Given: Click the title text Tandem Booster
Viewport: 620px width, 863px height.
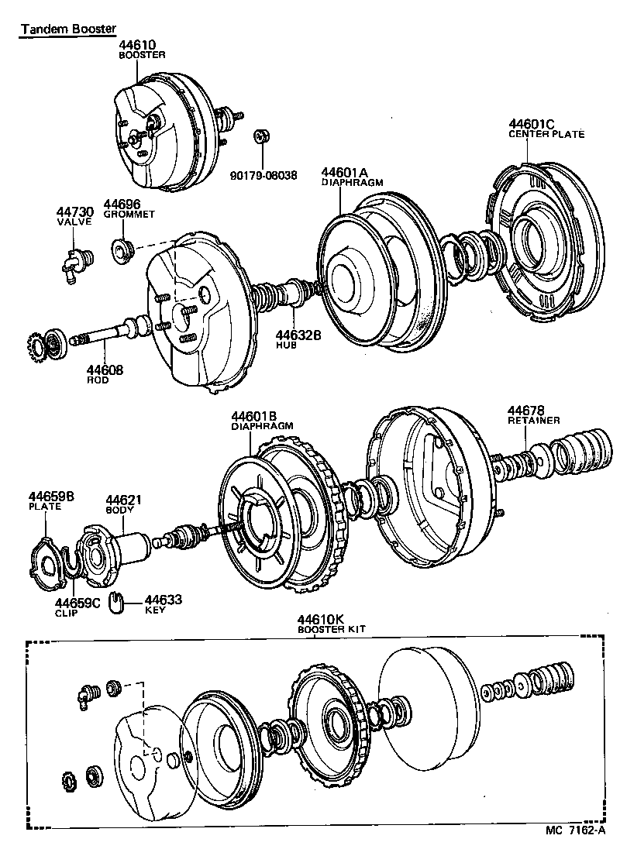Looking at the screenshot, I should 67,29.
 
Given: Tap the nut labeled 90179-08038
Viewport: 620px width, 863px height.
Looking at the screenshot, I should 261,137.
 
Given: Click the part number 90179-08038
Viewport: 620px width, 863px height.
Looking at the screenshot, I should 263,175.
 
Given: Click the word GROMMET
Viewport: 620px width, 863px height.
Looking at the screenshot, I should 129,214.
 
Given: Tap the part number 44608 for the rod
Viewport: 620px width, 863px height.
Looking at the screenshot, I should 104,371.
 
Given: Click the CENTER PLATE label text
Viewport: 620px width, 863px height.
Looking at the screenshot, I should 546,134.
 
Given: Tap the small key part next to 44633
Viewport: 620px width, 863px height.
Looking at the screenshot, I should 117,600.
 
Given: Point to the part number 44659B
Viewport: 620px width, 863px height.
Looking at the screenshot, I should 53,497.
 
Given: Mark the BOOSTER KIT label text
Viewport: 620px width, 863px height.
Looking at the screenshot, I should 331,631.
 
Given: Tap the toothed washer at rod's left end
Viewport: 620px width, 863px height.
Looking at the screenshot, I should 34,342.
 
